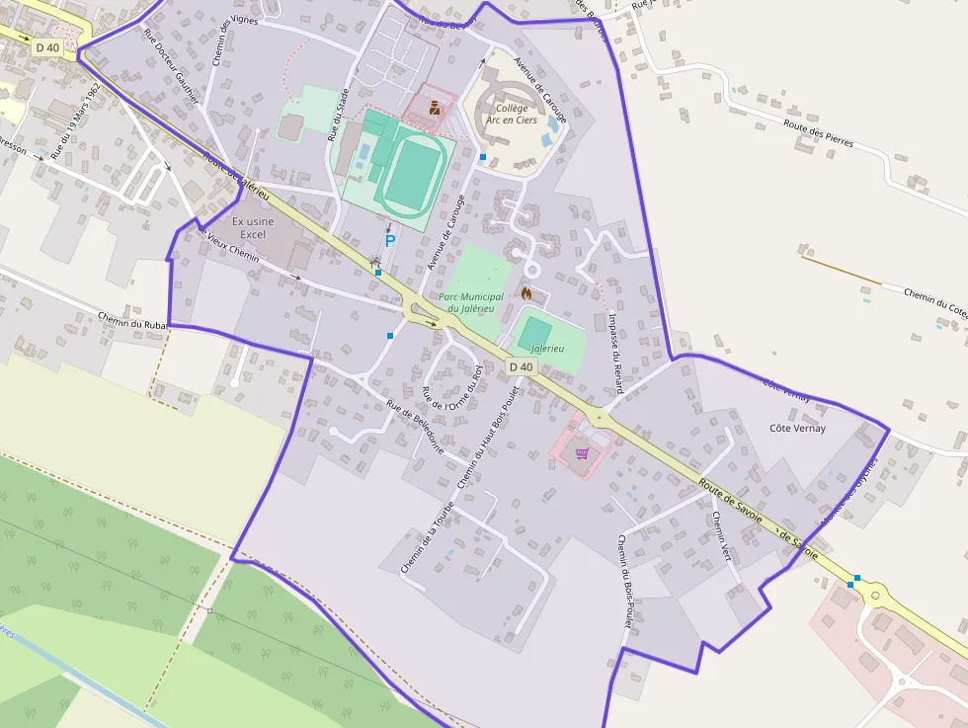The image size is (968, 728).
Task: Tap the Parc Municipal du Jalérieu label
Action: tap(470, 302)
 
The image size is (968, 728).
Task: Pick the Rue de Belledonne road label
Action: tap(415, 427)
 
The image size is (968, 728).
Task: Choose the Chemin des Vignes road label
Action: tap(223, 41)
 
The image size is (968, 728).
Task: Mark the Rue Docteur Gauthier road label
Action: tap(171, 66)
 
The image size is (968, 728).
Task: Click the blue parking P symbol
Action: tap(389, 240)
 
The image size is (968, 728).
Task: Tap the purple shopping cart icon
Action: tap(582, 453)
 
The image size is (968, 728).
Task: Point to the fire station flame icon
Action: tap(526, 293)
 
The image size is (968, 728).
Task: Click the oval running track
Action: tap(411, 174)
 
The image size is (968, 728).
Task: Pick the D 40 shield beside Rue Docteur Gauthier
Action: tap(47, 46)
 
